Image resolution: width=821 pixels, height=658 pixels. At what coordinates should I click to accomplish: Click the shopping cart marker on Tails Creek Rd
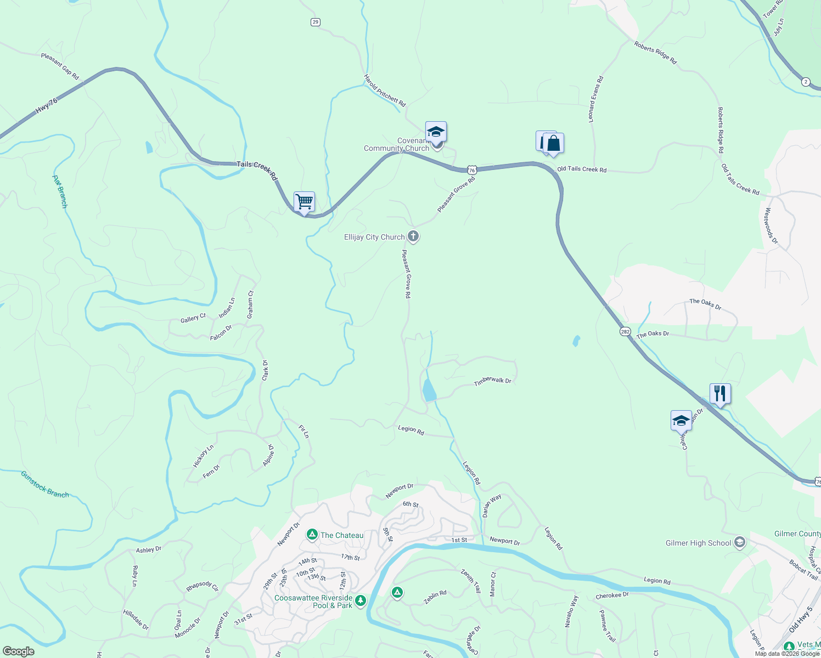[x=304, y=202]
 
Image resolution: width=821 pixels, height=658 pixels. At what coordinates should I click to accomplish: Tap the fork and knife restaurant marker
[x=719, y=393]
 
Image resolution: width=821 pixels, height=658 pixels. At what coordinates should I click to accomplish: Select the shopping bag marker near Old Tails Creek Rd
[x=553, y=144]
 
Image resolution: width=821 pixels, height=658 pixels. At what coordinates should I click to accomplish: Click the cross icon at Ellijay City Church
[x=413, y=237]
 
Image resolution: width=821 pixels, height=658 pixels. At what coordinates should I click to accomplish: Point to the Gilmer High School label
[x=698, y=543]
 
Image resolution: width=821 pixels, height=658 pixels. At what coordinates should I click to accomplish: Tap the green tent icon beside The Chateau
[x=312, y=535]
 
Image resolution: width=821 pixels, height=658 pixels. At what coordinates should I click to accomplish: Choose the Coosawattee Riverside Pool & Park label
[x=313, y=602]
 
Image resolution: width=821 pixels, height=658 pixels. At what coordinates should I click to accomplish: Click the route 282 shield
[x=625, y=332]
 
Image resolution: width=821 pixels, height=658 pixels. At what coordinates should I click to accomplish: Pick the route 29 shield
[x=315, y=22]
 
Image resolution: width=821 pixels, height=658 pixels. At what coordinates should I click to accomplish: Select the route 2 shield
[x=805, y=82]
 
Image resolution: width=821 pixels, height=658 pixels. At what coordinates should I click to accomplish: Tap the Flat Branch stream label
[x=60, y=191]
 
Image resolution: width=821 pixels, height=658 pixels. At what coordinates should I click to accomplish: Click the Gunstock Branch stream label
[x=45, y=484]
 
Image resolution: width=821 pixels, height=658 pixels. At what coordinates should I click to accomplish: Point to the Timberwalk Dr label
[x=492, y=381]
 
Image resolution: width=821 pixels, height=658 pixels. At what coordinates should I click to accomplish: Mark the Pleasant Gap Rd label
[x=60, y=66]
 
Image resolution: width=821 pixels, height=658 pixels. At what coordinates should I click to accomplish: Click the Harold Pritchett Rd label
[x=385, y=91]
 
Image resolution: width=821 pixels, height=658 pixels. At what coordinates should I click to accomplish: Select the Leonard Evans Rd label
[x=595, y=99]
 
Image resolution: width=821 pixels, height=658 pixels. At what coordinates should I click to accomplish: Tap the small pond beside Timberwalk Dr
[x=429, y=391]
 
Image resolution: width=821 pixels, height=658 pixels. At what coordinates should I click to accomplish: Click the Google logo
[x=18, y=651]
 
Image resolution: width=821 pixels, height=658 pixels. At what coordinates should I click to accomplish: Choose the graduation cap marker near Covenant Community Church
[x=436, y=132]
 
